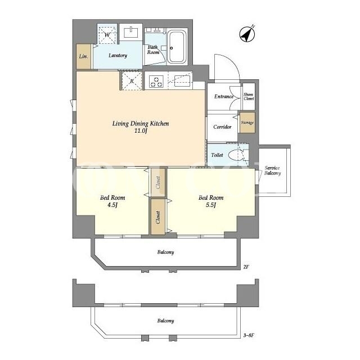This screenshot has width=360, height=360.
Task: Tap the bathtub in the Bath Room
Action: [177, 47]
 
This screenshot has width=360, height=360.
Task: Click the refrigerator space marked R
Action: [132, 81]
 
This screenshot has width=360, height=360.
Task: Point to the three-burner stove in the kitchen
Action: [156, 82]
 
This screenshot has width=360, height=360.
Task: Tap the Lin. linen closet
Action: [84, 56]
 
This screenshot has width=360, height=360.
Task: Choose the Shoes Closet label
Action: [249, 96]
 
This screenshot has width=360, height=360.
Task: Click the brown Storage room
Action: [247, 123]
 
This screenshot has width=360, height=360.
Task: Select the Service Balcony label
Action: [272, 170]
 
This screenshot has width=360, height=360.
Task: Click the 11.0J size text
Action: [141, 131]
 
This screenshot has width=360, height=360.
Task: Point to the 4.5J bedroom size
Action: [112, 205]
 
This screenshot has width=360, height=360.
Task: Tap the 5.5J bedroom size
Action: [211, 205]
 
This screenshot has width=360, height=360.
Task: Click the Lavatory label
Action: [118, 55]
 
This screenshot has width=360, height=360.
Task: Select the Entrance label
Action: [224, 96]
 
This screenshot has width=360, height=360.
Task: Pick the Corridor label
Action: [222, 127]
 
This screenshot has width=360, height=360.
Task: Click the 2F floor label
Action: [246, 267]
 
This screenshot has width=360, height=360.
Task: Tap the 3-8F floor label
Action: [249, 335]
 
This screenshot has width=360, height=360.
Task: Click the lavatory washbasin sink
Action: [131, 32]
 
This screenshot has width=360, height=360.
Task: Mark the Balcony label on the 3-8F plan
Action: [165, 321]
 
